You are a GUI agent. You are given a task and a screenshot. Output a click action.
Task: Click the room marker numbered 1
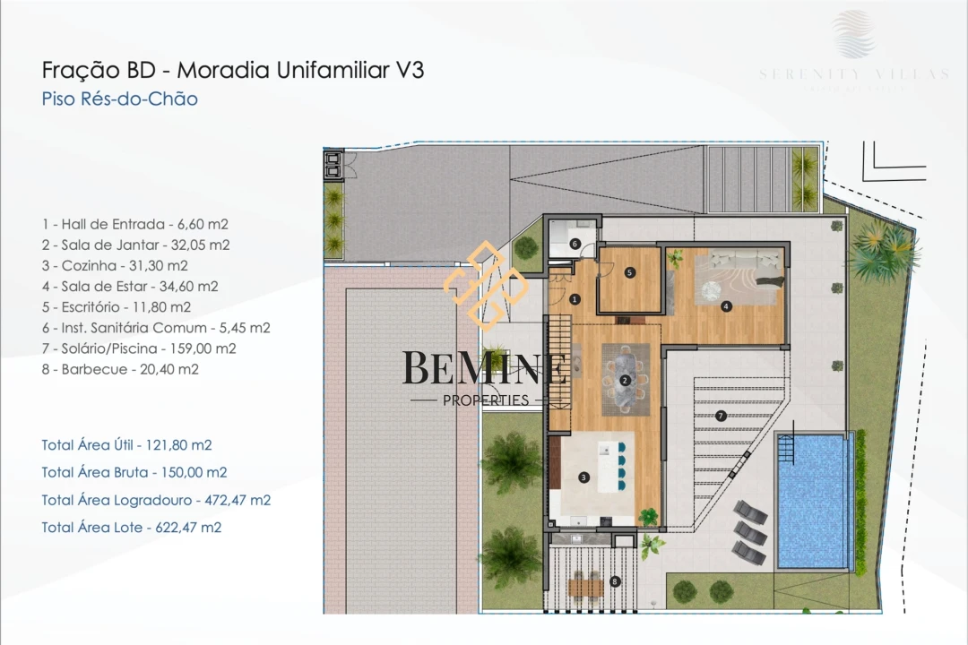(575, 299)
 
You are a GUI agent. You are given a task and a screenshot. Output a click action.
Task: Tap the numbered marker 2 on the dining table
(626, 380)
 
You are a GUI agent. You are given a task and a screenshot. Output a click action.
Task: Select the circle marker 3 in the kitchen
(583, 477)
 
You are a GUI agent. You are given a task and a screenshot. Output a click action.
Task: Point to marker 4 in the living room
(726, 306)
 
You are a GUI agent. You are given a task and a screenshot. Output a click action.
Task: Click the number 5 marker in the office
(630, 272)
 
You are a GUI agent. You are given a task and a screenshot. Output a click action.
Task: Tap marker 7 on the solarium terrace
(721, 416)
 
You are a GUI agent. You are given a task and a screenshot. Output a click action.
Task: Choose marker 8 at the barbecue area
(614, 581)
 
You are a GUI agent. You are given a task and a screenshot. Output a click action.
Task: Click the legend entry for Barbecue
(120, 368)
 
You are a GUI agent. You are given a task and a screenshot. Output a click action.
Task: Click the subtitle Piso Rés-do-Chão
(119, 99)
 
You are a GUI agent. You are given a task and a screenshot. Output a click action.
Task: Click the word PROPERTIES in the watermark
(486, 400)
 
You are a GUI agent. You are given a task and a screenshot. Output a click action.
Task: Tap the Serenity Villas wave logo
(853, 34)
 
